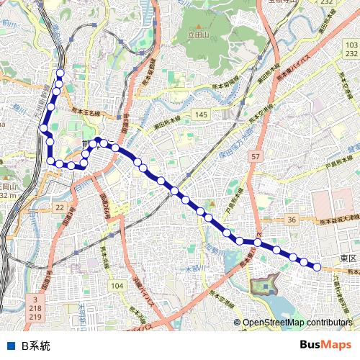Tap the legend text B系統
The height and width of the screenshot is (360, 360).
(36, 346)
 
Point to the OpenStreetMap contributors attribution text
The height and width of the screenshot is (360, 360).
(297, 323)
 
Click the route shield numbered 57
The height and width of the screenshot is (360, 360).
(256, 156)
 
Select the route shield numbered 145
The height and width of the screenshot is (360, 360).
(200, 115)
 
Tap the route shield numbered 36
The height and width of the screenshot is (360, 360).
(291, 219)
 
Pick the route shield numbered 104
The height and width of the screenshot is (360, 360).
(118, 286)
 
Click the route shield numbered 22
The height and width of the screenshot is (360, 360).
(60, 207)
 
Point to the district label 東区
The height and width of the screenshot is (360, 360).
(348, 258)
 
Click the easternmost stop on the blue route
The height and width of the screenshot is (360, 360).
(316, 266)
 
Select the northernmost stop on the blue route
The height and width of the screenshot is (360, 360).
(60, 73)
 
